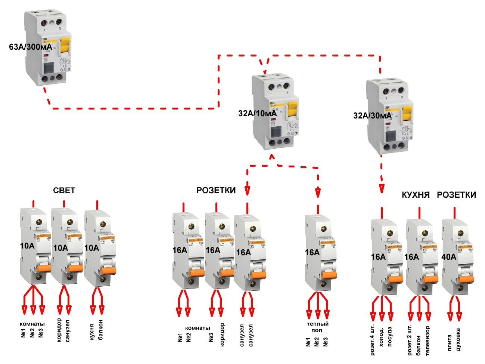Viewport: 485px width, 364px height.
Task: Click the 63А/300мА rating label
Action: click(x=31, y=47)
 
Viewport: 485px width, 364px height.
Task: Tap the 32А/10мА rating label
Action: click(x=258, y=113)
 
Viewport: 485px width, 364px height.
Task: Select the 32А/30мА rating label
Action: click(x=372, y=116)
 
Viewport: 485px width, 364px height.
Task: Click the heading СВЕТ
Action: click(x=64, y=191)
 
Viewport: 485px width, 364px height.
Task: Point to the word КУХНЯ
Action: click(x=416, y=195)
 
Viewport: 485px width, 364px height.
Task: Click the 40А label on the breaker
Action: click(x=448, y=257)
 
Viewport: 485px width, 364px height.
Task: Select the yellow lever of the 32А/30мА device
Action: click(x=408, y=115)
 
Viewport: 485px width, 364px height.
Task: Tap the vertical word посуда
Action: click(x=390, y=337)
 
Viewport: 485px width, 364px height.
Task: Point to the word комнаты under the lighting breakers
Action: click(x=32, y=324)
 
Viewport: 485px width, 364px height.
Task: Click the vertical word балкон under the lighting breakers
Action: click(x=101, y=329)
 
